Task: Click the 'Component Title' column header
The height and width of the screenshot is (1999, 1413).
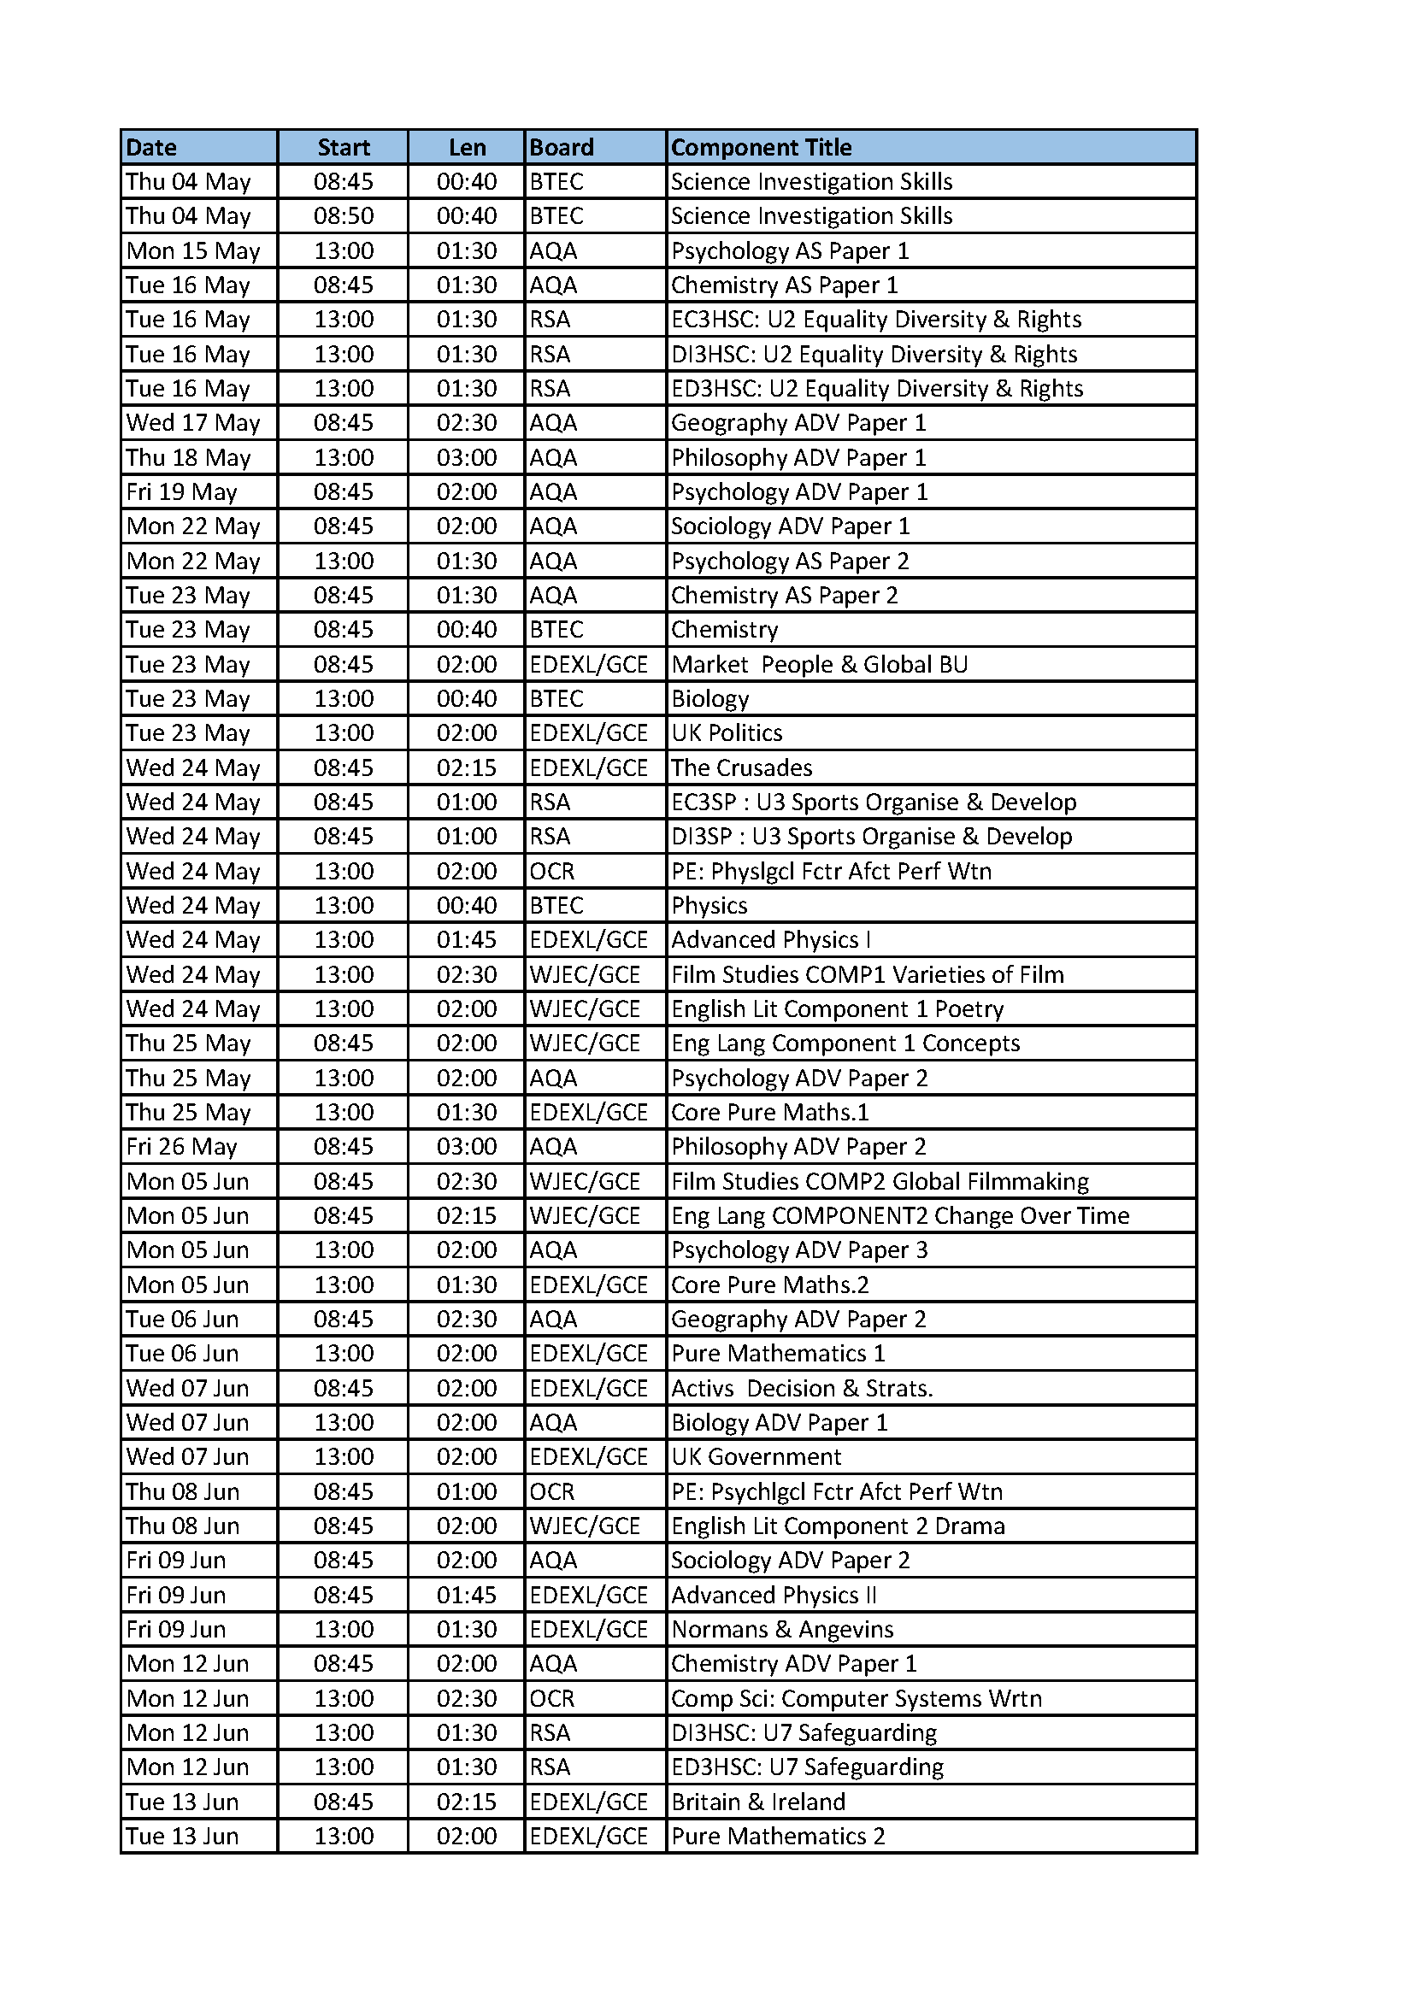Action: coord(761,147)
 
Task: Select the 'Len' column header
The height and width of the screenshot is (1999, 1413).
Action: coord(467,147)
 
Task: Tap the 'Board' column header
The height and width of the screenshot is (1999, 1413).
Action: coord(562,147)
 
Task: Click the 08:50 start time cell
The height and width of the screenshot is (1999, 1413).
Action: coord(343,216)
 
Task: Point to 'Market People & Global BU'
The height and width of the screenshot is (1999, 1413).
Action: coord(818,664)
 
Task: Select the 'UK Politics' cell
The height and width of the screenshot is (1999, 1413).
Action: coord(726,733)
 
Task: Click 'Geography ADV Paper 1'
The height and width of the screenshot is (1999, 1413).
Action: coord(798,423)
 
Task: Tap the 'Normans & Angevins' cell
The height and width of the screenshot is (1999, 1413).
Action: coord(782,1629)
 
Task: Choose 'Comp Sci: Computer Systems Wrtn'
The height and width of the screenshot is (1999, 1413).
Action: coord(856,1698)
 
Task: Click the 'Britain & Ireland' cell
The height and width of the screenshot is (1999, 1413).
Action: coord(757,1802)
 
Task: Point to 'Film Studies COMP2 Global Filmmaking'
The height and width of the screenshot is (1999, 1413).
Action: coord(880,1181)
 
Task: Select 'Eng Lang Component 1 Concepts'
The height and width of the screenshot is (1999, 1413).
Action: coord(845,1043)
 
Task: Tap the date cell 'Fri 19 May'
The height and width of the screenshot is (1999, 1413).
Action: coord(181,492)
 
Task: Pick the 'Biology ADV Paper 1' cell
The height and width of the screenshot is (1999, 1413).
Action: coord(779,1423)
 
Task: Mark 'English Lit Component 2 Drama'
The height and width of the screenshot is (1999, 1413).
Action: coord(838,1526)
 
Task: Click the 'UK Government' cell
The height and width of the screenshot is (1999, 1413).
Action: coord(756,1456)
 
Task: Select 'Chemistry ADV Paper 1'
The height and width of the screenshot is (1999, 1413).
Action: coord(793,1664)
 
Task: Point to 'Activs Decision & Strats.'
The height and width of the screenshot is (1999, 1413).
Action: coord(801,1388)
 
